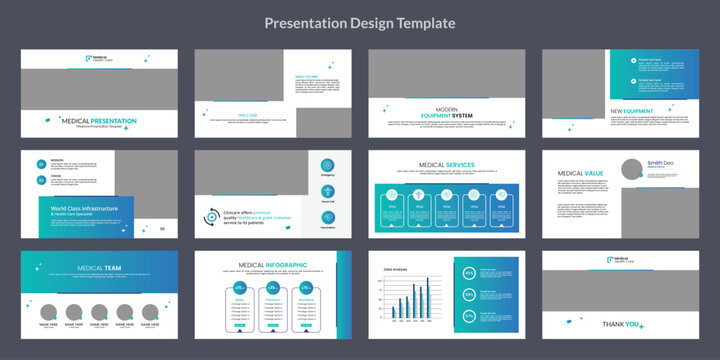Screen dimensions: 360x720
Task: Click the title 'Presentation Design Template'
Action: tap(359, 23)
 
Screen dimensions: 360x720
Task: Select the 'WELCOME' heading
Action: tap(246, 114)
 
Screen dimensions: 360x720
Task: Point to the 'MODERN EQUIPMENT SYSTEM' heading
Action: tap(446, 112)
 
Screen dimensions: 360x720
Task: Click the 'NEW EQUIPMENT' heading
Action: tap(632, 111)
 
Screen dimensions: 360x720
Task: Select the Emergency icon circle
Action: tap(327, 165)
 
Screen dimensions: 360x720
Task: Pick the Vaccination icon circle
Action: tap(327, 221)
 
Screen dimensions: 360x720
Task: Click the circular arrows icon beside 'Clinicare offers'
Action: tap(212, 214)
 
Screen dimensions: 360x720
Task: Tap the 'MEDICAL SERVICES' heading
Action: tap(446, 165)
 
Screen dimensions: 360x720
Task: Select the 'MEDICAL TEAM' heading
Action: tap(99, 268)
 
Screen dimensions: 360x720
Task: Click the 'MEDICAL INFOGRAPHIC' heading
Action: tap(272, 265)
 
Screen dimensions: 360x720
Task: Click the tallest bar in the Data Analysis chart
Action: tap(427, 293)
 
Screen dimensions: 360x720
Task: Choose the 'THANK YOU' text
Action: tap(620, 324)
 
